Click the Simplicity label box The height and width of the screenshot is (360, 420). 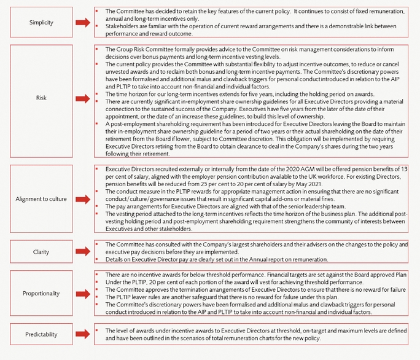coord(36,22)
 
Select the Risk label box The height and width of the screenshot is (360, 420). coord(36,97)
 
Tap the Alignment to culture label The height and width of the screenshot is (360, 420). coord(36,199)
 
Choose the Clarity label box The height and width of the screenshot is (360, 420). coord(36,251)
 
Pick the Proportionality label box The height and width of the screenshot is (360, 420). coord(36,293)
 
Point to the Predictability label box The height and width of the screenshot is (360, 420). coord(36,334)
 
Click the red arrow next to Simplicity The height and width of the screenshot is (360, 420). coord(82,22)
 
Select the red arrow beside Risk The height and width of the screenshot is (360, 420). coord(82,97)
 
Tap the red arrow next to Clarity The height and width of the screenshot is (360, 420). coord(82,251)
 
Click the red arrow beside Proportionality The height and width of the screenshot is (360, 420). coord(82,293)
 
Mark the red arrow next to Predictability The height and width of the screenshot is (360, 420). coord(82,334)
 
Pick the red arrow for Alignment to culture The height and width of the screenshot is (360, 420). coord(82,199)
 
